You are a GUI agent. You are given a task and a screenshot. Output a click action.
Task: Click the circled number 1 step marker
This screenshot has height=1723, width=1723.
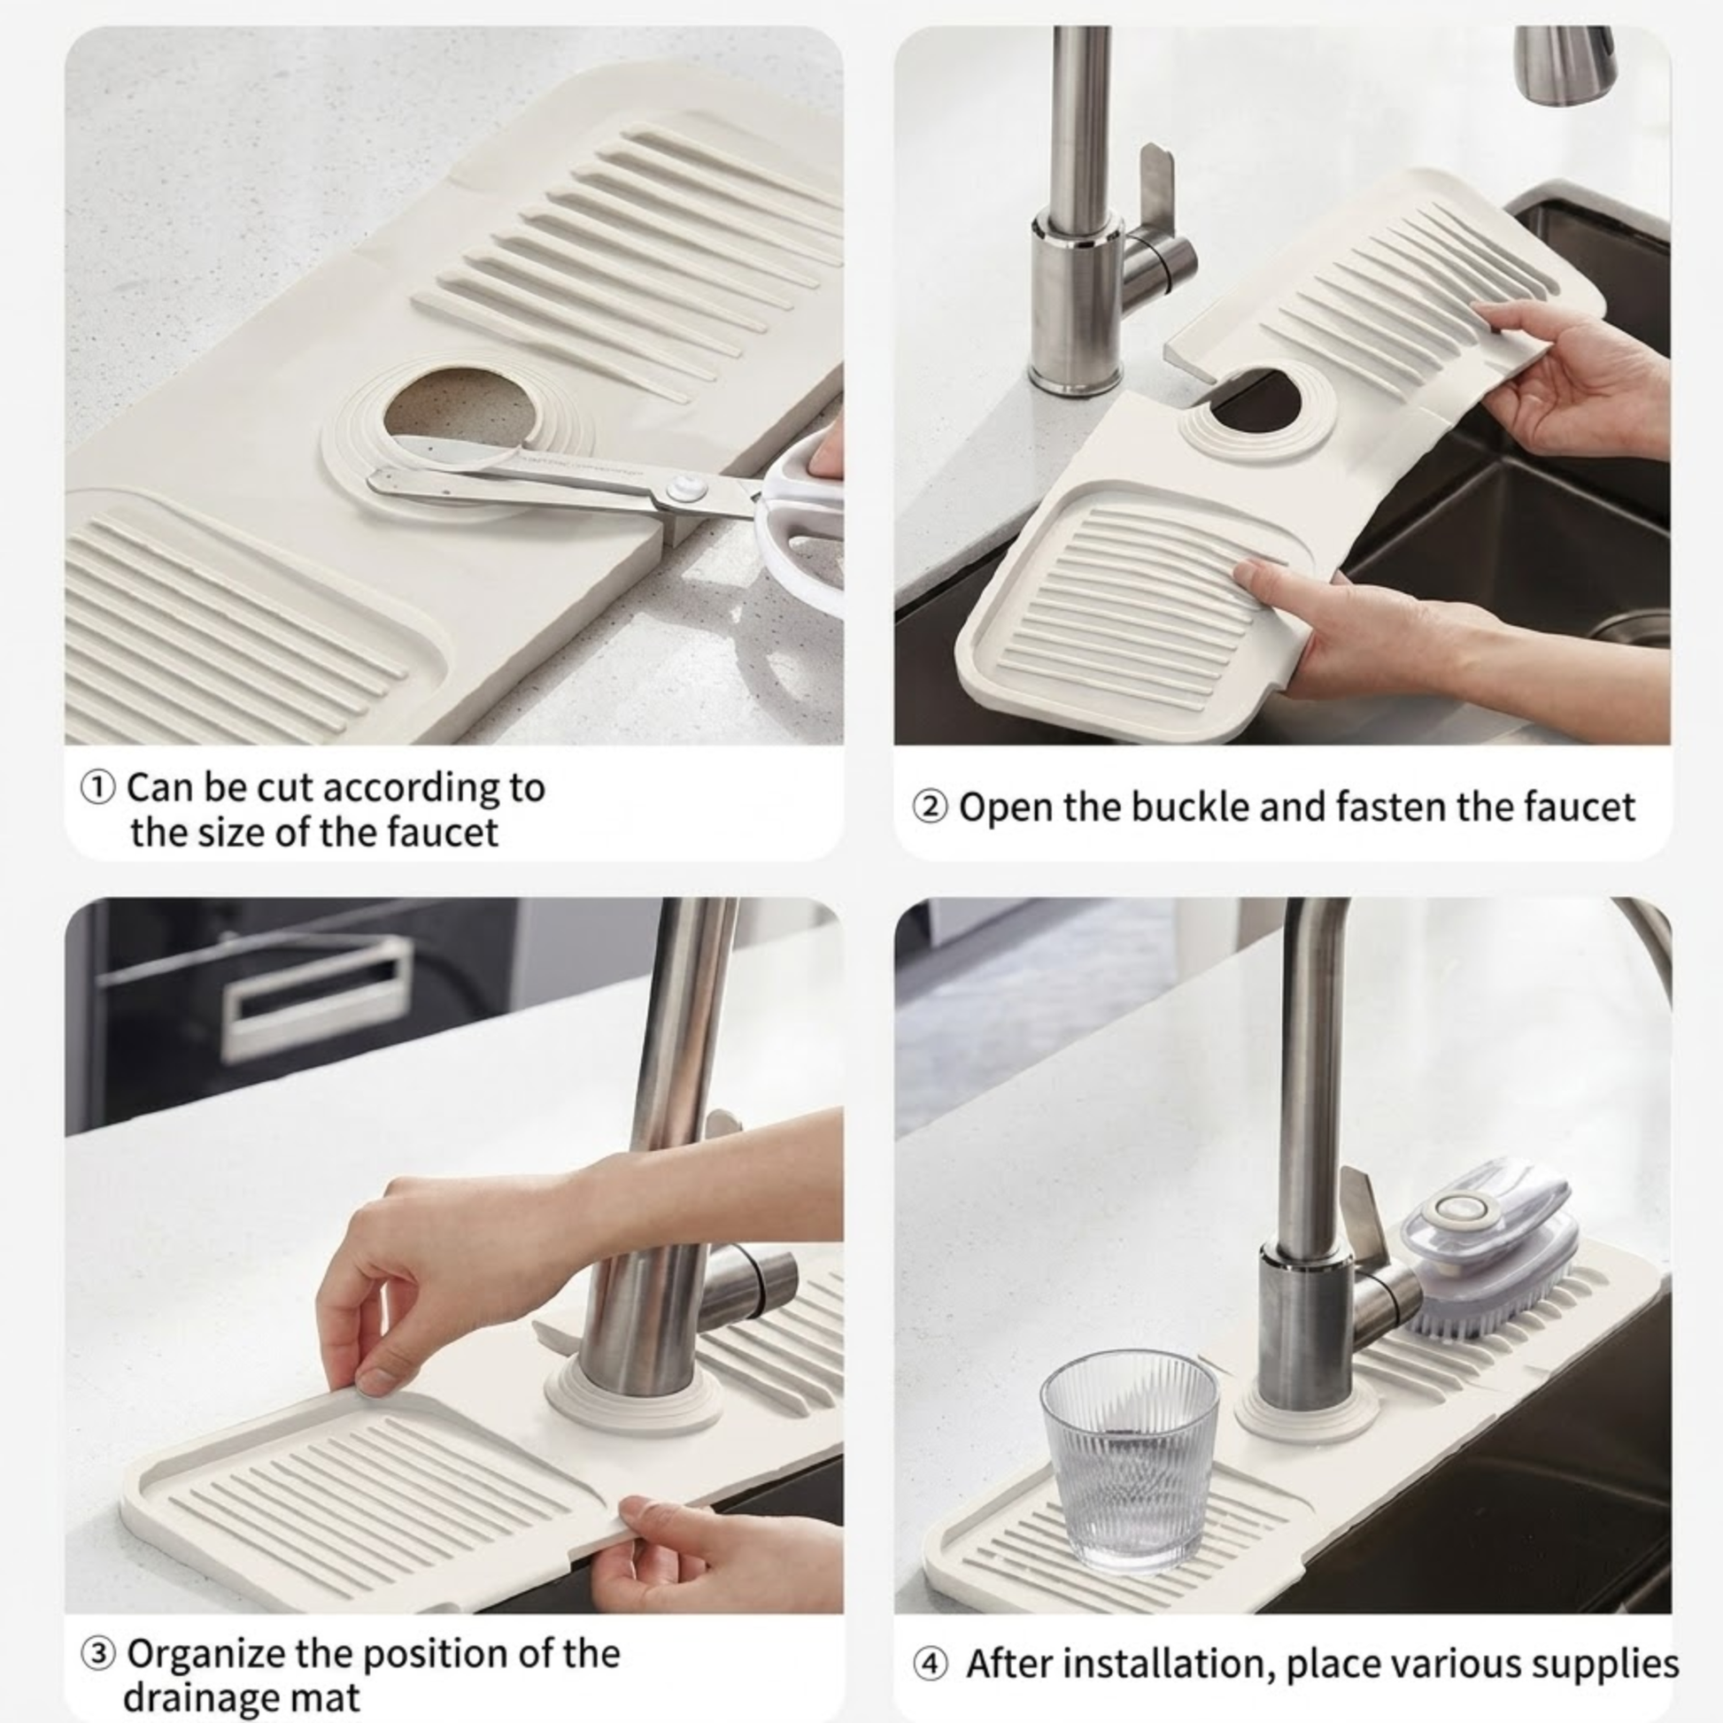pos(97,788)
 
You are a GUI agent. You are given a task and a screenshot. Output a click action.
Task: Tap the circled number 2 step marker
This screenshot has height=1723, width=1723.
pos(930,808)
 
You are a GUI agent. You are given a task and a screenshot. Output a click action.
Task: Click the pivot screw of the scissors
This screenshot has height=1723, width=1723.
pos(685,488)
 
